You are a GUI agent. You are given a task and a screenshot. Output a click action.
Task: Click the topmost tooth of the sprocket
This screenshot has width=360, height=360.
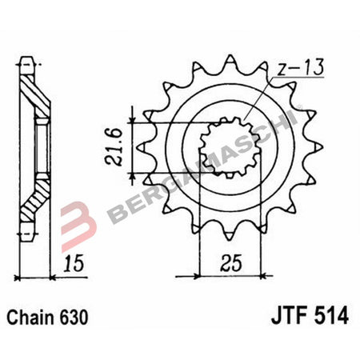[x=230, y=61]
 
